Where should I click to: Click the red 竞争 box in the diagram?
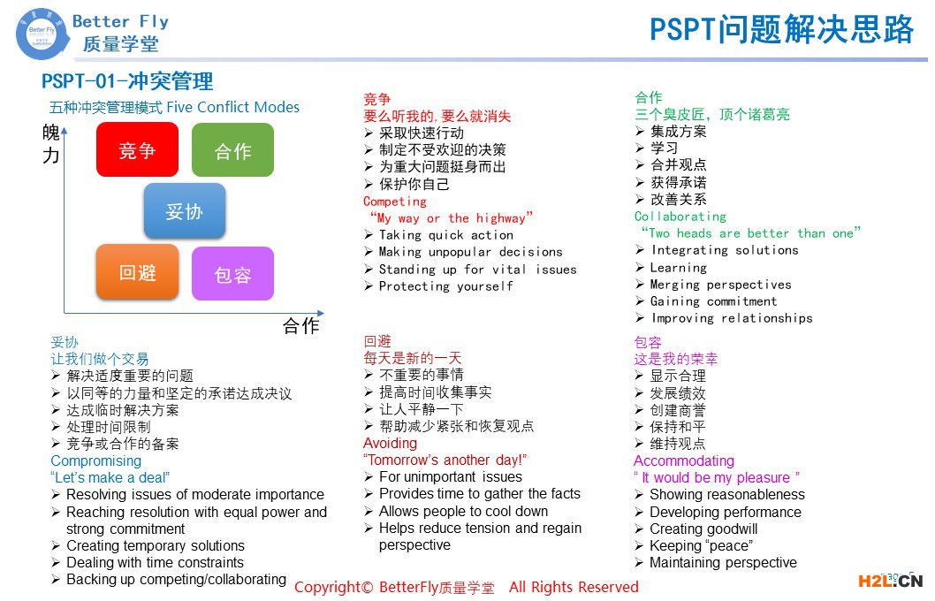[137, 150]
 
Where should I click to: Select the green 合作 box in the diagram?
[232, 151]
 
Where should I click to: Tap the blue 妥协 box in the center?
[185, 211]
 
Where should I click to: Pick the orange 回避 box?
[137, 272]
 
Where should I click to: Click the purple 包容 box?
[232, 274]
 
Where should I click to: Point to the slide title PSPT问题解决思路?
[781, 30]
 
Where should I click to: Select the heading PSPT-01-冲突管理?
[127, 81]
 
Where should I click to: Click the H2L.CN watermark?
[890, 581]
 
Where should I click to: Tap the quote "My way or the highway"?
[451, 218]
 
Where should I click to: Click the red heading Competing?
[395, 202]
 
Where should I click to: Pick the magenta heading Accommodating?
[683, 460]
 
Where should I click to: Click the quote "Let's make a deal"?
[110, 477]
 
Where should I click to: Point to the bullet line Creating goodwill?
[703, 529]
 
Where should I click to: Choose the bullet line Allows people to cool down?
[463, 511]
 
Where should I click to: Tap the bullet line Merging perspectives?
[721, 285]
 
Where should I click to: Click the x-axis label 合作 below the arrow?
[300, 325]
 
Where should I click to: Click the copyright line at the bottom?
[466, 587]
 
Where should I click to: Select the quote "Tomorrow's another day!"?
[445, 460]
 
